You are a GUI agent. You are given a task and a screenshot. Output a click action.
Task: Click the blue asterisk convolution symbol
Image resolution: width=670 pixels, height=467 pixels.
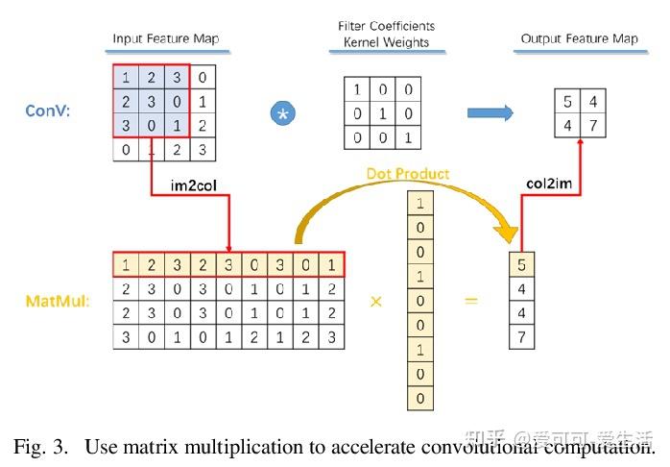click(x=283, y=113)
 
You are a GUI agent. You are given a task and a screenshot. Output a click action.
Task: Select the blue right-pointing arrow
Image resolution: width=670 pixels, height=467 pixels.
click(x=491, y=112)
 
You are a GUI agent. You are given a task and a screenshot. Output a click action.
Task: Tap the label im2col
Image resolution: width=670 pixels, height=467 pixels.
click(x=194, y=185)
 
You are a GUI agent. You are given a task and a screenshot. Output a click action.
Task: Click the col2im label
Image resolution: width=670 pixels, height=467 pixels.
click(x=549, y=184)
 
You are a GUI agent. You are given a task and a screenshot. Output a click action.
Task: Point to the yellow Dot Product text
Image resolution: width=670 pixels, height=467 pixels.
click(x=408, y=174)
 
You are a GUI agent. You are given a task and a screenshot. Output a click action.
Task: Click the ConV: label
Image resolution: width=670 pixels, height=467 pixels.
click(x=47, y=111)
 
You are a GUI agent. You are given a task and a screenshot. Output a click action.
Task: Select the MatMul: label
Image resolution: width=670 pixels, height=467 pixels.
click(x=58, y=301)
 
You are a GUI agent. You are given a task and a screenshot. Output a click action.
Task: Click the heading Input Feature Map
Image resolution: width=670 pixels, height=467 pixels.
click(x=166, y=38)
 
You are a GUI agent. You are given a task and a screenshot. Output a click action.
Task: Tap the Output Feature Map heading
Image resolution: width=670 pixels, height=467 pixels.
click(x=580, y=38)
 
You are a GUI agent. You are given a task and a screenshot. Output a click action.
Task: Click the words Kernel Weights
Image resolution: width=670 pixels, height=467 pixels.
click(x=386, y=42)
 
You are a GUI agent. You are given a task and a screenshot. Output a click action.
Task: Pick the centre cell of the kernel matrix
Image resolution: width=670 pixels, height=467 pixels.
click(x=382, y=113)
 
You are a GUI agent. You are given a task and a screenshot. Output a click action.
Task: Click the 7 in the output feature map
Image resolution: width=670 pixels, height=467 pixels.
click(x=593, y=125)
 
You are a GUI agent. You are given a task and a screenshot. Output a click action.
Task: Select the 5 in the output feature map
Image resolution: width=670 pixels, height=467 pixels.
click(x=567, y=101)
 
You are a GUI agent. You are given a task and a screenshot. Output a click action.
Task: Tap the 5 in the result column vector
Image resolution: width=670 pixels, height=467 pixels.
click(x=522, y=264)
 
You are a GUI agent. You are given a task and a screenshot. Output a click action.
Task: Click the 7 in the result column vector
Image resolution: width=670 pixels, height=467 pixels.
click(x=522, y=337)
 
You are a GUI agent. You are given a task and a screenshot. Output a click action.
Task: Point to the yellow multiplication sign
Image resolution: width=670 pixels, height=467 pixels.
click(x=376, y=302)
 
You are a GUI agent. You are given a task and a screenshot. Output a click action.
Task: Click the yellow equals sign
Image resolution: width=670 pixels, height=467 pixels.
click(x=471, y=301)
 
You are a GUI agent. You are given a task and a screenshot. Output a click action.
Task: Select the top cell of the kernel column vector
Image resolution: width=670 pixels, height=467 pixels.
click(x=420, y=203)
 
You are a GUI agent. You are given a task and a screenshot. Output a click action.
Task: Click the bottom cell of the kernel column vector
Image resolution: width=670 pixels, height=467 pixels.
click(x=420, y=398)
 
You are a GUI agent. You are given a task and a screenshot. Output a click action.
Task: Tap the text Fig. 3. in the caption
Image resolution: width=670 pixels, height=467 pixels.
click(x=40, y=447)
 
